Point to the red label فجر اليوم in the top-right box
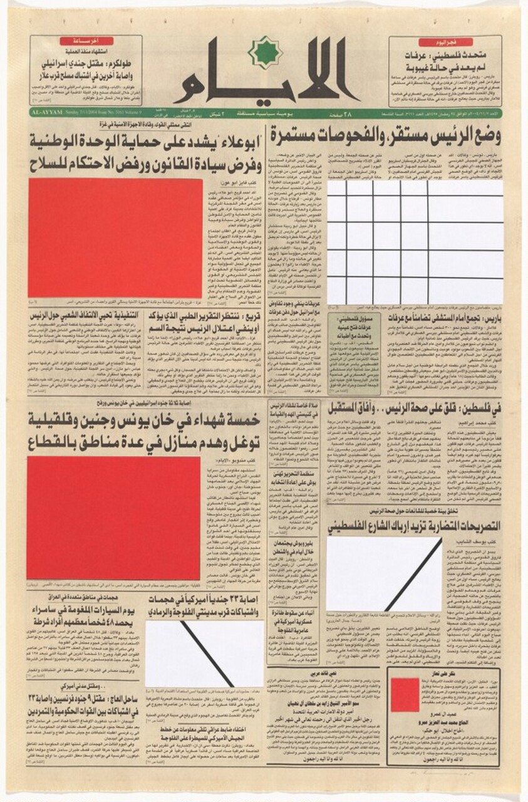coord(445,42)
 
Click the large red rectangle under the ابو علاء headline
coord(115,239)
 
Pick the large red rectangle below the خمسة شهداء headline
coord(113,518)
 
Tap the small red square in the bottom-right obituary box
coord(404,695)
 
